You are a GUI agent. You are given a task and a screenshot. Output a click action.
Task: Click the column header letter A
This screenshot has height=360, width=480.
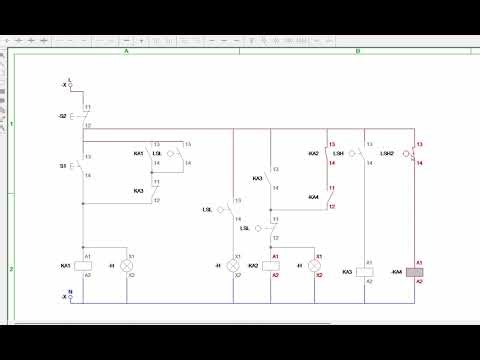127,51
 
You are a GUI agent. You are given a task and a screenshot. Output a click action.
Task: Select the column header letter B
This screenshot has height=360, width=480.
358,51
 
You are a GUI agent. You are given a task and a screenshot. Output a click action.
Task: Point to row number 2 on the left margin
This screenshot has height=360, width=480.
12,269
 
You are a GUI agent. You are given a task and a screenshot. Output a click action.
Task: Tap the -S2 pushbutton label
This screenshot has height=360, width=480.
63,116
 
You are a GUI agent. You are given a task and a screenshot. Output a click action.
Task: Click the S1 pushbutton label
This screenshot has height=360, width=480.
63,166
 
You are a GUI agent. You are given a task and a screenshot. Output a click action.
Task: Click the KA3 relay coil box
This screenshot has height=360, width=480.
366,271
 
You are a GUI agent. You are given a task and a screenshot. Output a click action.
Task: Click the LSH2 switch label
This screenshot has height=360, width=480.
388,153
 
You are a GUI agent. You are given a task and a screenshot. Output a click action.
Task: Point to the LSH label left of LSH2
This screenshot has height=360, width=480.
340,153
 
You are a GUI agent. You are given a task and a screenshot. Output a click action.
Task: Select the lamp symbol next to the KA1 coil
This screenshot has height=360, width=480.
127,265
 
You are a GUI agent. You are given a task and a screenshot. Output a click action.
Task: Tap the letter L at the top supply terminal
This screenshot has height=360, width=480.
68,79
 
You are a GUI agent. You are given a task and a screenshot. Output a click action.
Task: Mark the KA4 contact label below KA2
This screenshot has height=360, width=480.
314,196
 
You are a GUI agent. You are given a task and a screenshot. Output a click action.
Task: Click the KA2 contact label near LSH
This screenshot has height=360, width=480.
313,153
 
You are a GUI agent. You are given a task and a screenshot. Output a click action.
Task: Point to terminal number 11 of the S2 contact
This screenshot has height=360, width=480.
88,107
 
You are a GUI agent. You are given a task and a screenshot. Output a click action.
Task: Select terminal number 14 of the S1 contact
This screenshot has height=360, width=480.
88,176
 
